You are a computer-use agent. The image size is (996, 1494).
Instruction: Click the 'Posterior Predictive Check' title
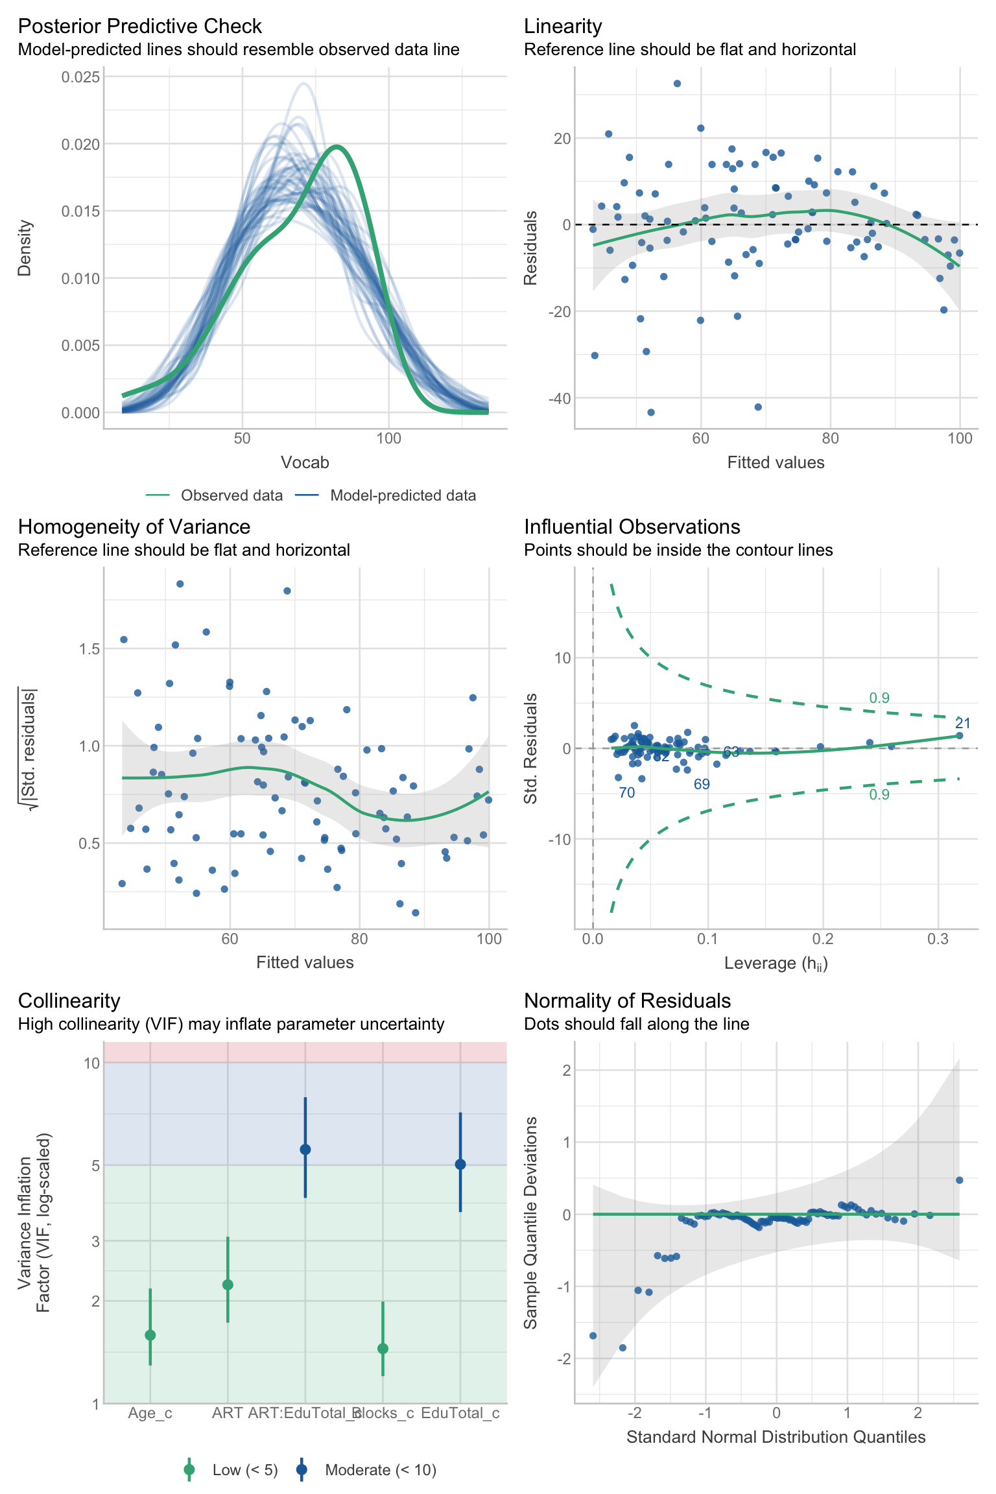[x=139, y=26]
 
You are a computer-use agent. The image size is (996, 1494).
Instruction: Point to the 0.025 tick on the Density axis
[x=81, y=77]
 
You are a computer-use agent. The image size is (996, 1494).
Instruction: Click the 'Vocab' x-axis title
[x=305, y=462]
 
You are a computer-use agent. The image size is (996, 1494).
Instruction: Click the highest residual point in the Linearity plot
[x=677, y=84]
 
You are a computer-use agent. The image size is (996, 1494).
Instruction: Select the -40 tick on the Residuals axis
[x=559, y=398]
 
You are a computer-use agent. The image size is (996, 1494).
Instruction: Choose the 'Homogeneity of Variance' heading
[x=134, y=527]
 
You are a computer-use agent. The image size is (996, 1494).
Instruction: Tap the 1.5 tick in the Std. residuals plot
[x=89, y=649]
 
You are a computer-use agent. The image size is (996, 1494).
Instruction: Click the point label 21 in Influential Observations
[x=963, y=724]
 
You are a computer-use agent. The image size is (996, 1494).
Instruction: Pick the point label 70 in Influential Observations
[x=627, y=793]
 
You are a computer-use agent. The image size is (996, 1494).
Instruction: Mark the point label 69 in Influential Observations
[x=702, y=785]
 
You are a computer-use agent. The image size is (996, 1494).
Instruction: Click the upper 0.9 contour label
[x=879, y=698]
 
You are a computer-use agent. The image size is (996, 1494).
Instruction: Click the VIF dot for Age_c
[x=150, y=1335]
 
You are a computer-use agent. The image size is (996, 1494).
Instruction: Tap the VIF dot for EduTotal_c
[x=460, y=1165]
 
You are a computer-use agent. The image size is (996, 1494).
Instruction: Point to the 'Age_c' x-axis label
[x=150, y=1414]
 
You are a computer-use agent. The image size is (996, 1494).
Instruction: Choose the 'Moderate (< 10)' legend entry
[x=381, y=1470]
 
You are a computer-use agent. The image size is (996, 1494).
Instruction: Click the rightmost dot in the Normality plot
[x=960, y=1180]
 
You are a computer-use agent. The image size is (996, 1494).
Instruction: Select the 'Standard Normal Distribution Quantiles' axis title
[x=776, y=1438]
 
